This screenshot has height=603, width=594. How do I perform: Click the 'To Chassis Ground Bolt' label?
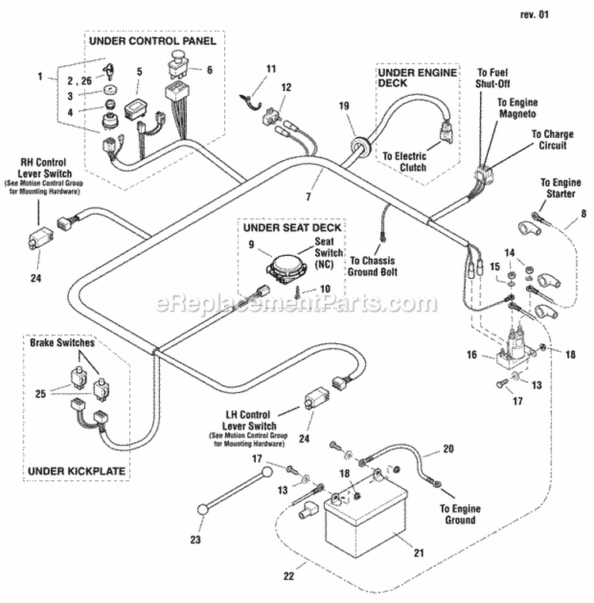tap(373, 265)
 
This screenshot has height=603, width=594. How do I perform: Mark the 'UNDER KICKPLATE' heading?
tap(77, 471)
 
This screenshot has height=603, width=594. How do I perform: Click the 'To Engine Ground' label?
tap(459, 513)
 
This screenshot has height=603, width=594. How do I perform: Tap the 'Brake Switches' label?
tap(63, 344)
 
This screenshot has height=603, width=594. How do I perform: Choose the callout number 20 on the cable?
tap(447, 449)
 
